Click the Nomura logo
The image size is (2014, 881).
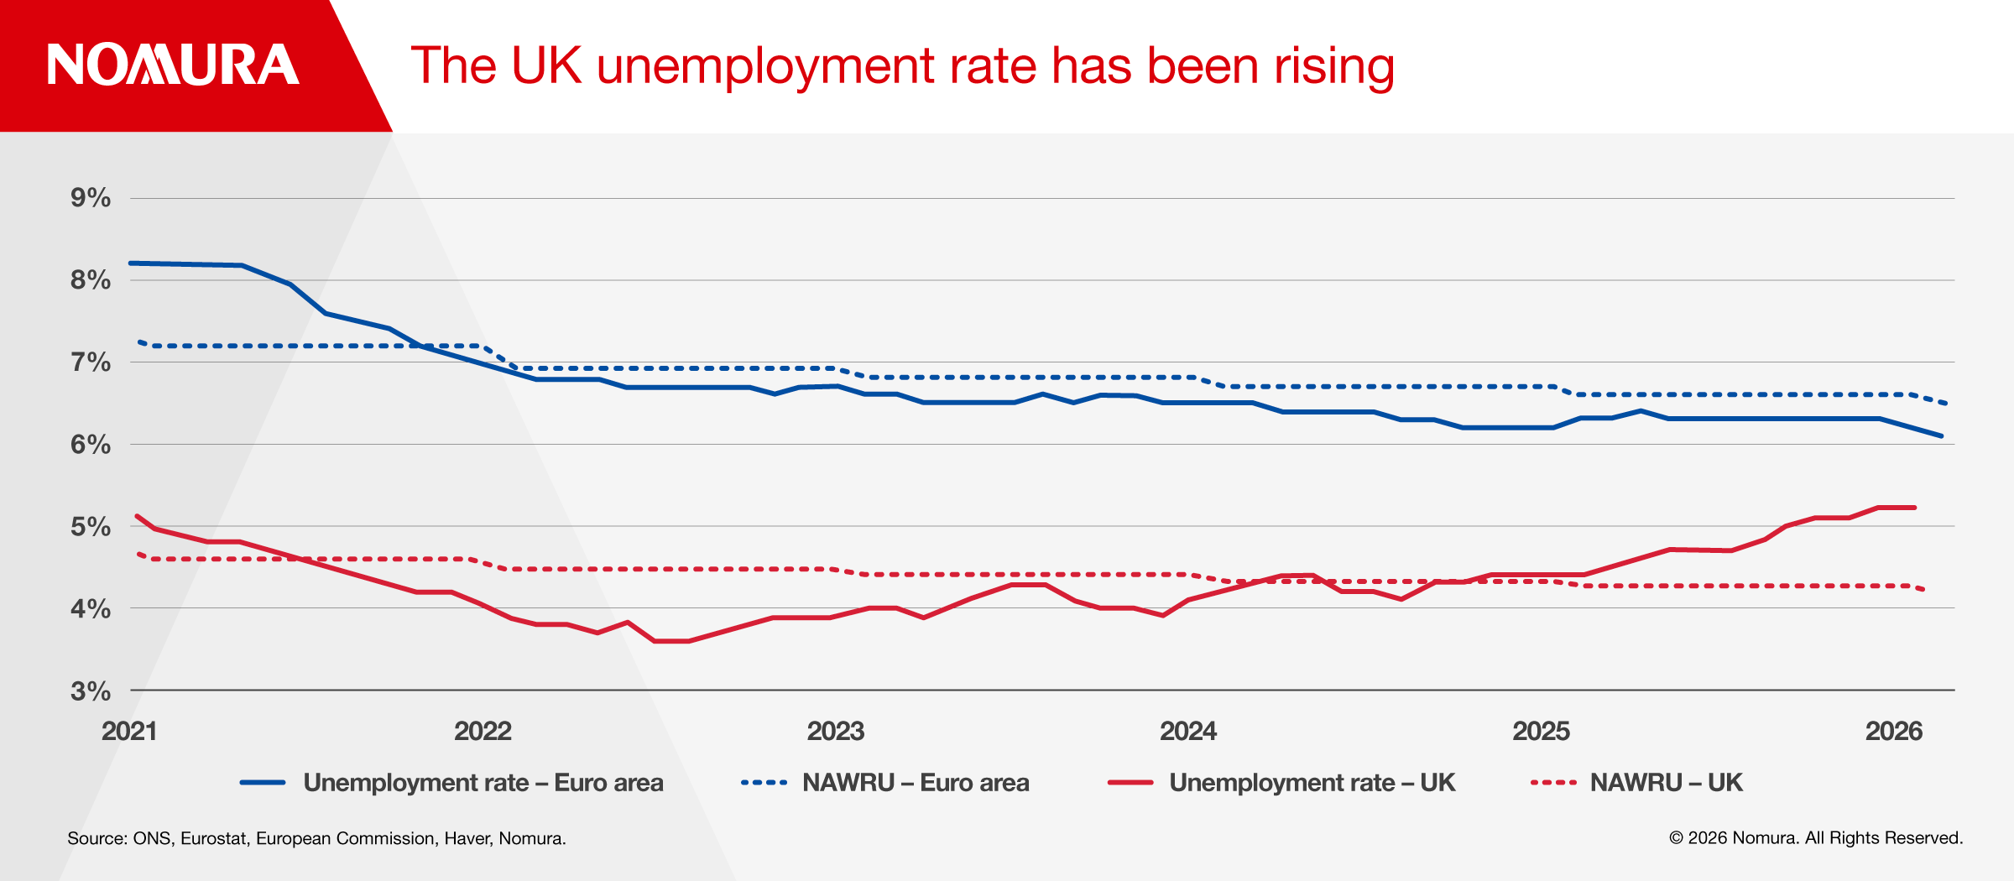pyautogui.click(x=173, y=65)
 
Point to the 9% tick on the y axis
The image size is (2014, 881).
pyautogui.click(x=91, y=198)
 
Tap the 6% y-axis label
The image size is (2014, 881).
pyautogui.click(x=91, y=445)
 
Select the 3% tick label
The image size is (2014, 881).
pyautogui.click(x=91, y=691)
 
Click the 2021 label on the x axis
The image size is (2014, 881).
pyautogui.click(x=129, y=731)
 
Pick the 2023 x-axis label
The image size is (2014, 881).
pyautogui.click(x=836, y=731)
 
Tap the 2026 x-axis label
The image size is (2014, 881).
pyautogui.click(x=1894, y=731)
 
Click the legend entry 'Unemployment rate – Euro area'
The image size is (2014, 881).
pyautogui.click(x=483, y=783)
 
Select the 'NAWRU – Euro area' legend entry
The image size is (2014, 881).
pyautogui.click(x=915, y=783)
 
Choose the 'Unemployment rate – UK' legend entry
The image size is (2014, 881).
pyautogui.click(x=1312, y=783)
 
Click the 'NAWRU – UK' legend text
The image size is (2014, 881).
pyautogui.click(x=1666, y=783)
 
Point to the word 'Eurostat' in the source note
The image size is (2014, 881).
pyautogui.click(x=214, y=838)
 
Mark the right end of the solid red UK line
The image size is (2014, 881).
pyautogui.click(x=1915, y=508)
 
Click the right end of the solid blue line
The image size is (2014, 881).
pyautogui.click(x=1942, y=436)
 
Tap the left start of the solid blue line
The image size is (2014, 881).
pyautogui.click(x=131, y=263)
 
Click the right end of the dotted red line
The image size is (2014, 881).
pyautogui.click(x=1923, y=590)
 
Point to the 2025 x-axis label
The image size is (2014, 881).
pyautogui.click(x=1541, y=731)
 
